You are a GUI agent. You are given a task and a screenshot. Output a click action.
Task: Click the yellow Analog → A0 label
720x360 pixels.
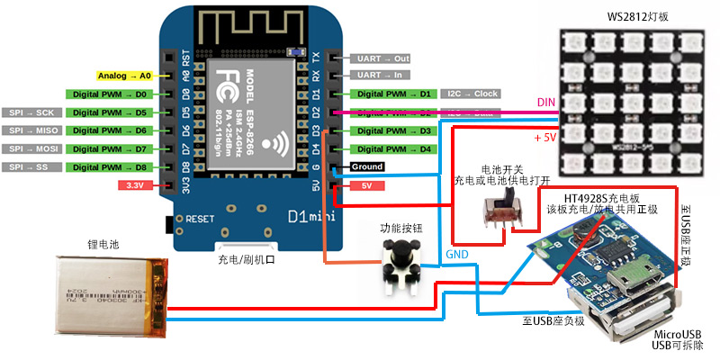(x=123, y=76)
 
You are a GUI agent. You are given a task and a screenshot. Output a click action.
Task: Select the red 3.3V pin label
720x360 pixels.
(x=136, y=185)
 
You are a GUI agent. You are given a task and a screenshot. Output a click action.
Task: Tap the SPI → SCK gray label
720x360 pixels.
(x=31, y=112)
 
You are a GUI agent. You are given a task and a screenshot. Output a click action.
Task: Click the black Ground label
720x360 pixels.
(x=366, y=167)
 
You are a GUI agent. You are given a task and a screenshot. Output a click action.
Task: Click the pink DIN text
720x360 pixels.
(x=546, y=103)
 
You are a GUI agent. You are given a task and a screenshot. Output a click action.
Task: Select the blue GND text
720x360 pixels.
(x=457, y=255)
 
